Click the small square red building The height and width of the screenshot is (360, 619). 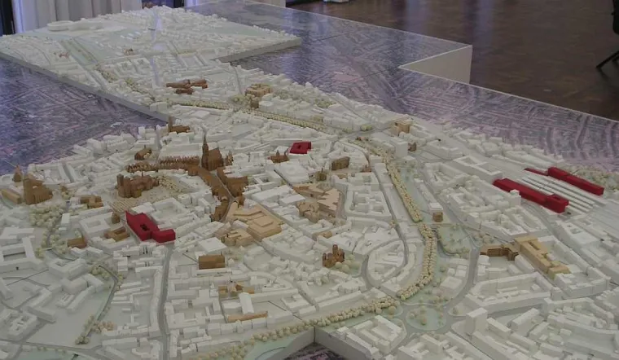[x=301, y=147]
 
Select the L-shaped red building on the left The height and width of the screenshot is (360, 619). [x=149, y=227]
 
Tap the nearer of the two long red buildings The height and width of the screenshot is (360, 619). [x=530, y=195]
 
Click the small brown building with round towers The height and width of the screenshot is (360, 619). [x=332, y=257]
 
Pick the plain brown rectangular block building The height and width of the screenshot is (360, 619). [x=211, y=261]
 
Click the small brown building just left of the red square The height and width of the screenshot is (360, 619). [x=279, y=156]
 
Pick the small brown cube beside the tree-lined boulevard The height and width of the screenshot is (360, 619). [x=437, y=217]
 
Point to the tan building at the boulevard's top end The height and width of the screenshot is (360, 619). [x=401, y=128]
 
